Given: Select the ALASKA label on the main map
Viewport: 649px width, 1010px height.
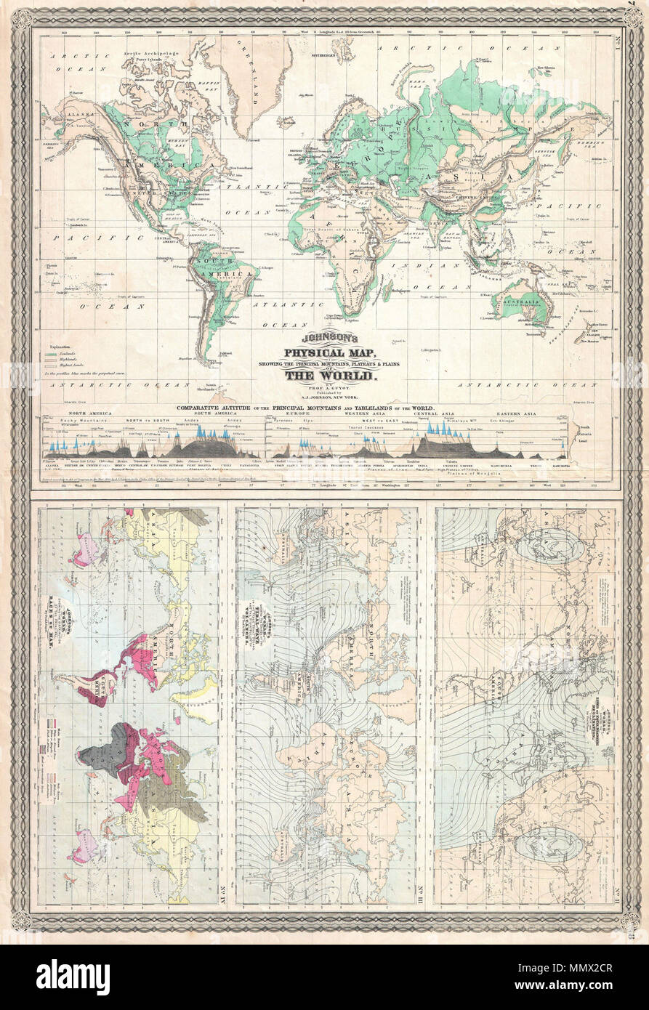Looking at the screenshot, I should pyautogui.click(x=73, y=115).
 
